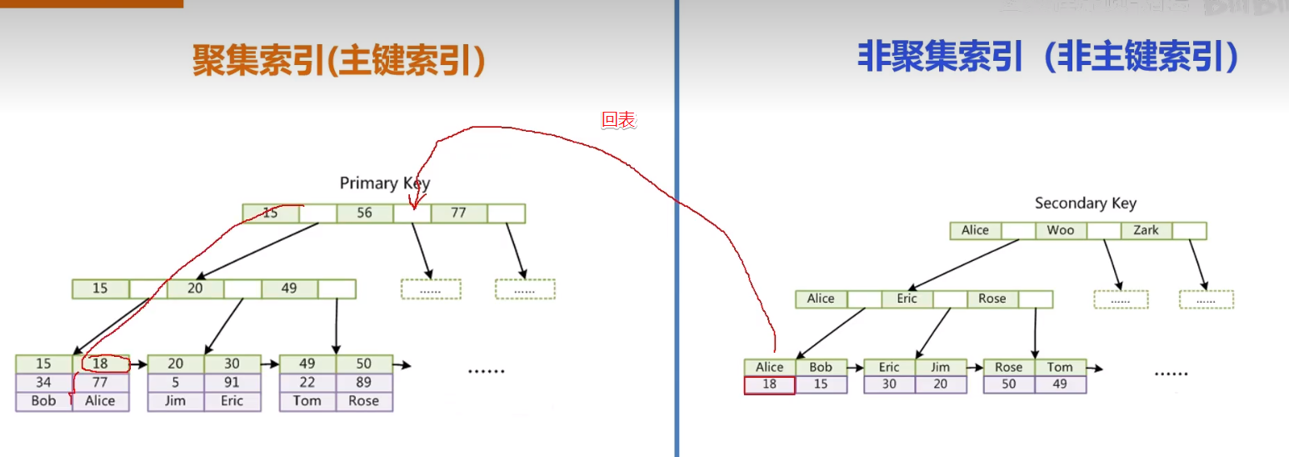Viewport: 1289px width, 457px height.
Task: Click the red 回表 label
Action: tap(618, 120)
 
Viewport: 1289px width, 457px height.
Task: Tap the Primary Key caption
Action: tap(385, 183)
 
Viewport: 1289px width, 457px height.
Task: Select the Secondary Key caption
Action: tap(1085, 203)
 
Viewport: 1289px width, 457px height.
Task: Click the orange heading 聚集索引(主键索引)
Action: tap(338, 61)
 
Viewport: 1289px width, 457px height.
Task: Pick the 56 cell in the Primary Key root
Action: tap(365, 213)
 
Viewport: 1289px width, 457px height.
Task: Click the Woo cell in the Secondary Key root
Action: tap(1061, 230)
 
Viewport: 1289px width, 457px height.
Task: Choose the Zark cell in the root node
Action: tap(1146, 230)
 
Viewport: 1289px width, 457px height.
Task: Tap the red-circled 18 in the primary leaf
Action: tap(102, 364)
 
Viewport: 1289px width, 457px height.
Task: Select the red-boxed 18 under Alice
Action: tap(769, 384)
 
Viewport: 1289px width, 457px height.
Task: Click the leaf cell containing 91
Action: tap(232, 383)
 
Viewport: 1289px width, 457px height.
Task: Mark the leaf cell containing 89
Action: tap(363, 383)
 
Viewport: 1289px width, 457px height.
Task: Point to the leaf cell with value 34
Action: tap(43, 383)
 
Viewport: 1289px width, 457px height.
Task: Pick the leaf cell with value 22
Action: tap(307, 383)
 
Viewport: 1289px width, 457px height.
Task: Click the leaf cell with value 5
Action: tap(175, 383)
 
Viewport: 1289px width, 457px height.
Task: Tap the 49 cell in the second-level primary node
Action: tap(289, 289)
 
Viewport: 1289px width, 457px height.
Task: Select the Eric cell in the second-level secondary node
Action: tap(907, 299)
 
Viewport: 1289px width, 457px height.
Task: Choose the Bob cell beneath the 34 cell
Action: tap(43, 401)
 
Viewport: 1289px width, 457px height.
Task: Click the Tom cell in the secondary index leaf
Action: tap(1060, 367)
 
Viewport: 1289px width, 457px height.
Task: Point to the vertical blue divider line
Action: tap(677, 250)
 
